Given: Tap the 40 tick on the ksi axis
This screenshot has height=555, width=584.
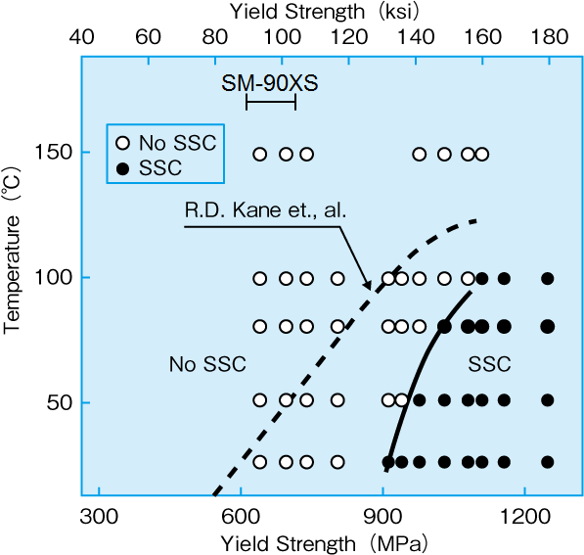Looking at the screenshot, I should pyautogui.click(x=84, y=39).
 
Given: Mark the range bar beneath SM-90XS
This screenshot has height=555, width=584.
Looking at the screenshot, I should pyautogui.click(x=270, y=103).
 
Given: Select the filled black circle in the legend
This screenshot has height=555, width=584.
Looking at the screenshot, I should pyautogui.click(x=122, y=167).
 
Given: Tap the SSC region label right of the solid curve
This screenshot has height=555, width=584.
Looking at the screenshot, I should pyautogui.click(x=489, y=364).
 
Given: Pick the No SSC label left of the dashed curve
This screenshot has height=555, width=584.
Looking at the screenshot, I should pyautogui.click(x=207, y=364).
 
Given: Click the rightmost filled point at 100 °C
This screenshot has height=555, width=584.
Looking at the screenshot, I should pyautogui.click(x=547, y=278).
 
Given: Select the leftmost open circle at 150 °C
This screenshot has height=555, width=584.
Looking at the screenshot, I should pyautogui.click(x=260, y=154).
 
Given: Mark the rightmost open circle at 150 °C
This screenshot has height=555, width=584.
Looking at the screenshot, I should pyautogui.click(x=481, y=154).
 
